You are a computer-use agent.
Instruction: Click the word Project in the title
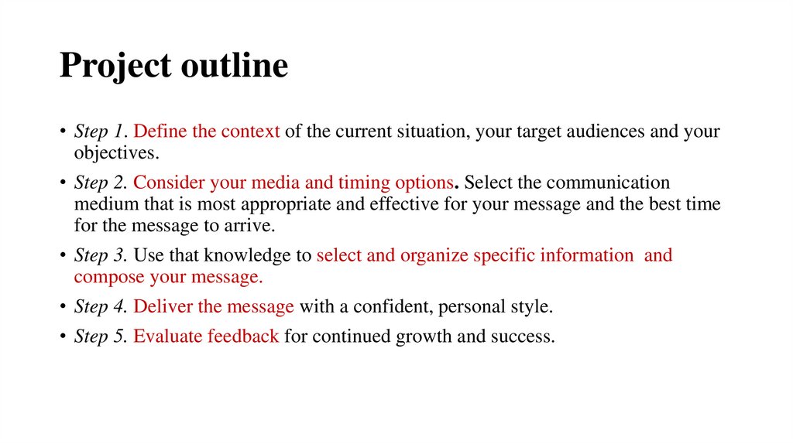click(x=115, y=67)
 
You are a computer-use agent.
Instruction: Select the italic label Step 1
click(x=100, y=131)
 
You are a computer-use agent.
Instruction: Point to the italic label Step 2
click(x=100, y=183)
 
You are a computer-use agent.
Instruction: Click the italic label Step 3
click(x=100, y=255)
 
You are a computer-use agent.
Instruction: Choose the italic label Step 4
click(x=100, y=307)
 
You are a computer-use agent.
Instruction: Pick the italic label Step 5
click(x=100, y=337)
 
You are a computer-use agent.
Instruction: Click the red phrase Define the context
click(x=207, y=131)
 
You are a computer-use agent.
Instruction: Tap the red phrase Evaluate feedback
click(x=206, y=337)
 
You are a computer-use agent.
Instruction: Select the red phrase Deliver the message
click(x=214, y=307)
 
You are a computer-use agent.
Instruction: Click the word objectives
click(x=116, y=152)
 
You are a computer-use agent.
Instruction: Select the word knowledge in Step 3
click(x=239, y=255)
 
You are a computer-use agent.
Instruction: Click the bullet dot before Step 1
click(x=64, y=132)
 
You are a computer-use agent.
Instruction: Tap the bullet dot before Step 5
click(x=64, y=338)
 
